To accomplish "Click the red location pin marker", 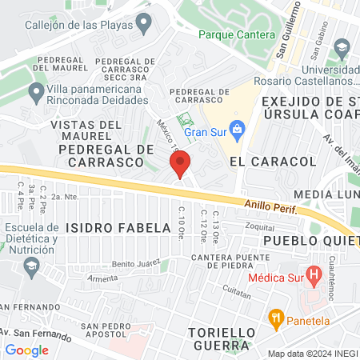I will point(180,164).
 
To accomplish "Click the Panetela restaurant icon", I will point(277,317).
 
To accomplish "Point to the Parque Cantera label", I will point(236,34).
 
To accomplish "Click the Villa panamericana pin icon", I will point(35,93).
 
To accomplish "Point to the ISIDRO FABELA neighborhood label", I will point(118,228).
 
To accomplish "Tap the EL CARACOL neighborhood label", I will point(273,161).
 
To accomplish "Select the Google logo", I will point(26,350).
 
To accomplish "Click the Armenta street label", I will point(102,278).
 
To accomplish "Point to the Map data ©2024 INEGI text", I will point(311,354).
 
